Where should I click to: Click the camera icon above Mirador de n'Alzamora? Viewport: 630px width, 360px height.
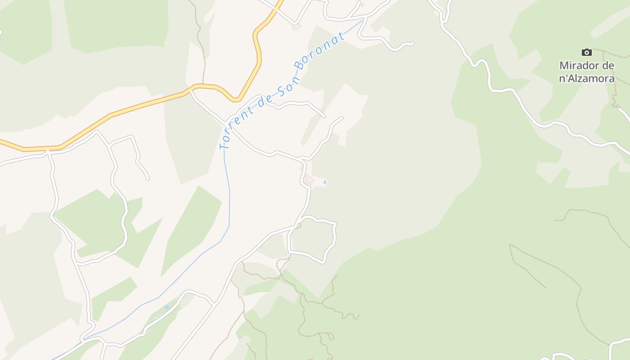coord(586,52)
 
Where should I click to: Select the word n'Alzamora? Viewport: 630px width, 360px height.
coord(587,78)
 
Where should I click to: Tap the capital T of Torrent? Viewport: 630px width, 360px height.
coord(223,145)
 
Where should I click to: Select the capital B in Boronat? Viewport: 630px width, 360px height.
coord(300,67)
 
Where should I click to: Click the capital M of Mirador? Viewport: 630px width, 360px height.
coord(564,66)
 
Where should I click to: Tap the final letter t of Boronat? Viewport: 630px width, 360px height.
coord(342,35)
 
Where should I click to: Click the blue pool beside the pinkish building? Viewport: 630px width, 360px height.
coord(325,182)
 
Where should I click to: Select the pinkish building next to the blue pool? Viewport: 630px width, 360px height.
coord(309,181)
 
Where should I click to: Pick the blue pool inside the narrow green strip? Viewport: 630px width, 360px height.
coord(167,307)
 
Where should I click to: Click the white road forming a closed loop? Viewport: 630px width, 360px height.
coord(334,238)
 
